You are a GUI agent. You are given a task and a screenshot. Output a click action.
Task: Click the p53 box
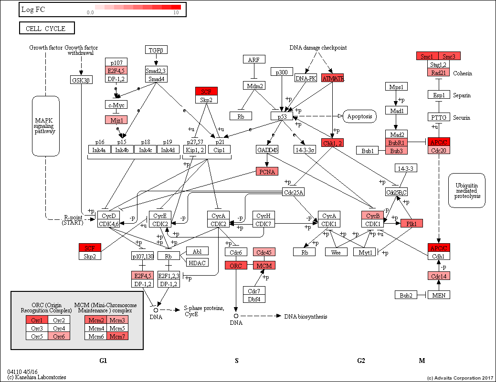[x=281, y=116]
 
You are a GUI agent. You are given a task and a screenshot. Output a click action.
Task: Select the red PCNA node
[x=267, y=172]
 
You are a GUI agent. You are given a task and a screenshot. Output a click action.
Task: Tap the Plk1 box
[x=412, y=223]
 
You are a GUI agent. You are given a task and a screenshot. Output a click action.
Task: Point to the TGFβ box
[x=156, y=50]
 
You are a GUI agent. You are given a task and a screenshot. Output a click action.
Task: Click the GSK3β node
[x=81, y=80]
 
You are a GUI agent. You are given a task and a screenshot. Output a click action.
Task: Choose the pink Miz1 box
[x=116, y=120]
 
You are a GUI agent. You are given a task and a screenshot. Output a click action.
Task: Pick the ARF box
[x=254, y=60]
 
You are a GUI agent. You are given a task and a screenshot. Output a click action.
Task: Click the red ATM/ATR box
[x=333, y=78]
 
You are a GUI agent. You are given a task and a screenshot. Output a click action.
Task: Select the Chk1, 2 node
[x=333, y=143]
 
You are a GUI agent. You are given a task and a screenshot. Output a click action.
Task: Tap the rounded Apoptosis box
[x=359, y=116]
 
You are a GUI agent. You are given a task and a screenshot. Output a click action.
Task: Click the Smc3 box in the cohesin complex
[x=450, y=56]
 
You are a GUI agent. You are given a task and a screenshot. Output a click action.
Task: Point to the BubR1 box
[x=396, y=143]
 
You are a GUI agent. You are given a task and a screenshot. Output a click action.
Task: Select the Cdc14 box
[x=439, y=276]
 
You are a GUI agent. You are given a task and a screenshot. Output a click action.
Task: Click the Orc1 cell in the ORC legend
[x=37, y=320]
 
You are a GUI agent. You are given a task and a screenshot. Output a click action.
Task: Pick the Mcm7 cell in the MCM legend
[x=117, y=336]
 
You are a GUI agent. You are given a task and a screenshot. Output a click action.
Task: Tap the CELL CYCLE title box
[x=47, y=29]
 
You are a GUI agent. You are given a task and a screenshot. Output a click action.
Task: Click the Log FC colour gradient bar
[x=137, y=7]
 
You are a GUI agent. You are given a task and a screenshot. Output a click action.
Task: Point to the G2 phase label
[x=361, y=361]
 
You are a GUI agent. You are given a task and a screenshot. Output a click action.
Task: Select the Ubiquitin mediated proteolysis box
[x=466, y=190]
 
